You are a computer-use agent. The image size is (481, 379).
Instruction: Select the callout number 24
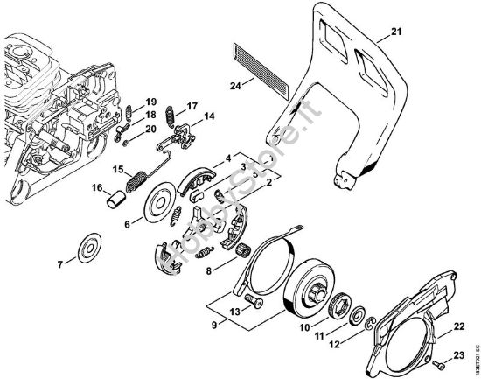coord(234,85)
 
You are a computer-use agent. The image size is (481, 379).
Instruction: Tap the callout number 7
coord(60,263)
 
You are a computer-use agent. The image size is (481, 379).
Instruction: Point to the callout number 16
coord(99,186)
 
